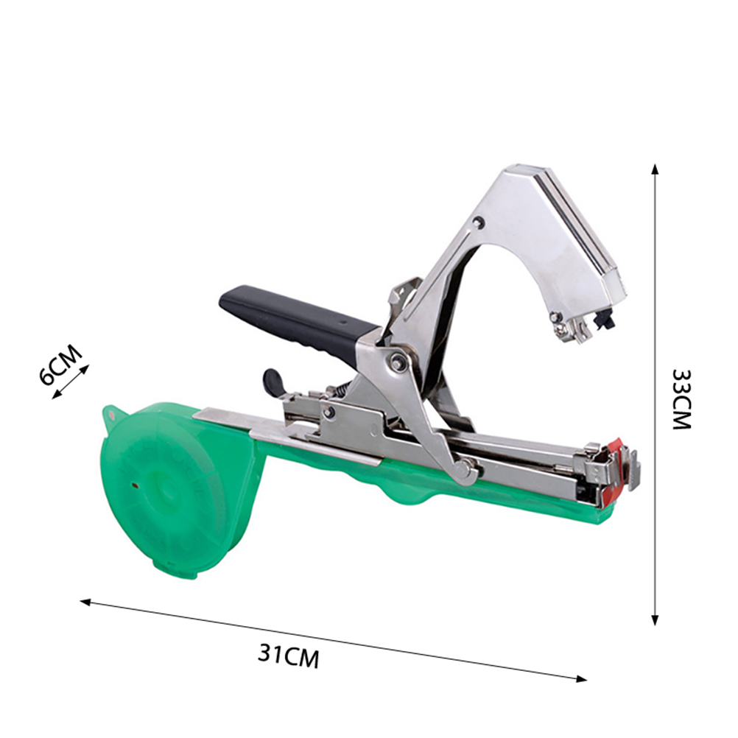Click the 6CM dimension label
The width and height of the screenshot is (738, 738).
[x=60, y=365]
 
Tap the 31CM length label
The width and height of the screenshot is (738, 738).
[x=289, y=655]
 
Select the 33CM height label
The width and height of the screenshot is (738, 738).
[x=681, y=399]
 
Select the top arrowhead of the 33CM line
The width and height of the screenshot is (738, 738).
[x=654, y=169]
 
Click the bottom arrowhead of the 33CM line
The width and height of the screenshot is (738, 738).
[x=655, y=620]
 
